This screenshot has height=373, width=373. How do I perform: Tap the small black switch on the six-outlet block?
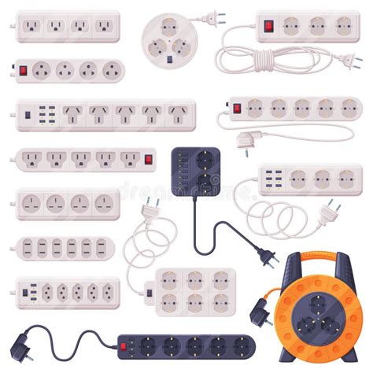click(149, 295)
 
